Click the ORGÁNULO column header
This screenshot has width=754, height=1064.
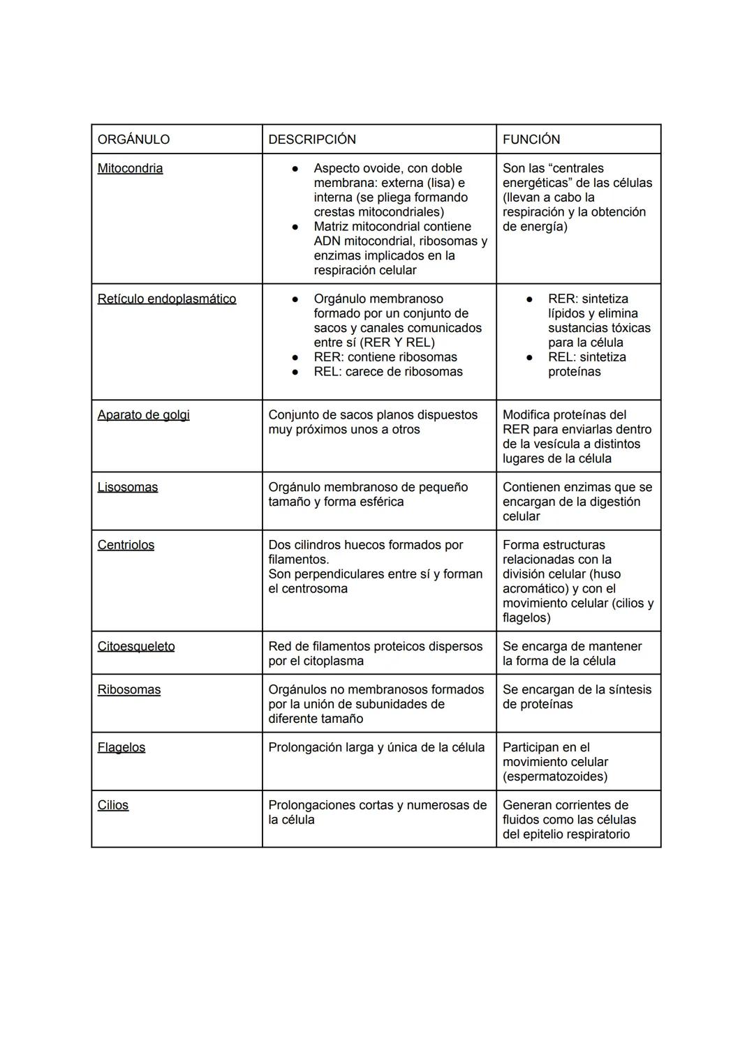(x=133, y=140)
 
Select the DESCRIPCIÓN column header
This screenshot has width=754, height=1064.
(x=312, y=140)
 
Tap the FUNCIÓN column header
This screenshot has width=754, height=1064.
(x=531, y=140)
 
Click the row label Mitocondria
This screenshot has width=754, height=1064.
(x=130, y=168)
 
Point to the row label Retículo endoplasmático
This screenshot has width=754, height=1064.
(x=167, y=299)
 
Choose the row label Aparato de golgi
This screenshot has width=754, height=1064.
(x=143, y=415)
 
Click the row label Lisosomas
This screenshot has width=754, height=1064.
(x=128, y=487)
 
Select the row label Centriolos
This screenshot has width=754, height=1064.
(x=126, y=545)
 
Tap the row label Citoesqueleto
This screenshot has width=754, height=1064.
(x=136, y=647)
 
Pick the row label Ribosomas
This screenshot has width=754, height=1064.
(x=129, y=690)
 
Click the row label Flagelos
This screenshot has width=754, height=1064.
(x=121, y=748)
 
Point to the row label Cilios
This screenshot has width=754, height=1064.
(x=113, y=805)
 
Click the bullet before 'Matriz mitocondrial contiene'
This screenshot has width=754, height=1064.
(x=296, y=227)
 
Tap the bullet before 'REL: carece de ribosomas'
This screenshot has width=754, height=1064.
(x=296, y=372)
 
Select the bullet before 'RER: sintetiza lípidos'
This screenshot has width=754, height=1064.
(x=530, y=299)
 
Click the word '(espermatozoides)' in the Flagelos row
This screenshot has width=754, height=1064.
(x=555, y=777)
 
